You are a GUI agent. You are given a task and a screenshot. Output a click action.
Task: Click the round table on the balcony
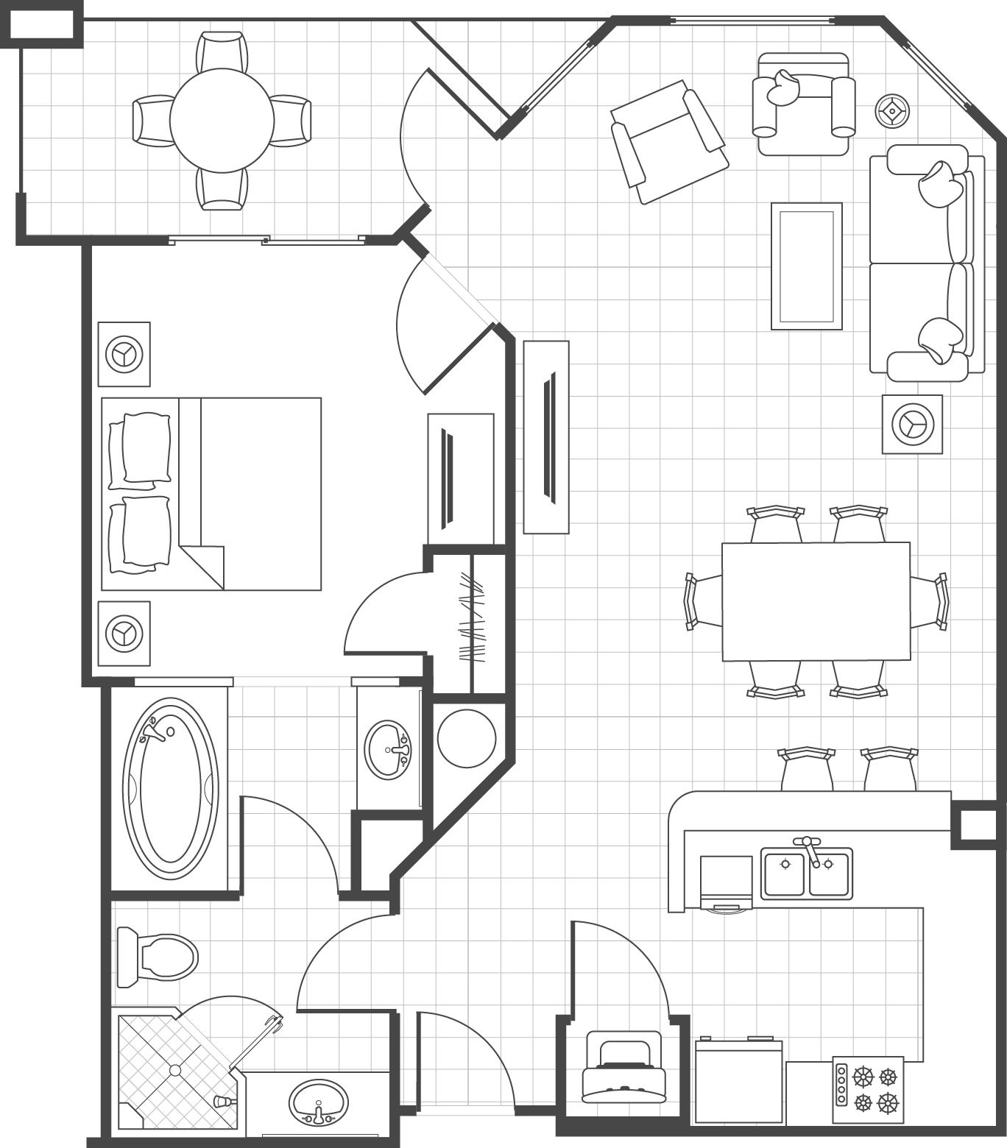222,120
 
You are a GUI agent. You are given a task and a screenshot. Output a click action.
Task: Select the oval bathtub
170,789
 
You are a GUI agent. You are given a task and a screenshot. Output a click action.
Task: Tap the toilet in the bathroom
160,957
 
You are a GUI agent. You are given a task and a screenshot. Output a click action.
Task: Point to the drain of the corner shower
174,1069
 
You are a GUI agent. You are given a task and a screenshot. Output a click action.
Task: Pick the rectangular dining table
816,601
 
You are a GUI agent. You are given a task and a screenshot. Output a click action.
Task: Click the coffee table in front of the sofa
806,266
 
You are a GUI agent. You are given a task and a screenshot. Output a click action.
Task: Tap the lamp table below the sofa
912,425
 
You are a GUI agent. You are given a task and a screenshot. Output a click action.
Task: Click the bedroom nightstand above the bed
124,354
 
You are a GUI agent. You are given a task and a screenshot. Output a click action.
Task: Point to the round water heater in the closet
467,738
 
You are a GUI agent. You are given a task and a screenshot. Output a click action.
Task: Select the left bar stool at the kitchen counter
806,769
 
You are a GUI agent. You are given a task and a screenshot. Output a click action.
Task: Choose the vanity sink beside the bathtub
387,749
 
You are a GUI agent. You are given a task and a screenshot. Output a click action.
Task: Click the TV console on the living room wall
546,436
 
